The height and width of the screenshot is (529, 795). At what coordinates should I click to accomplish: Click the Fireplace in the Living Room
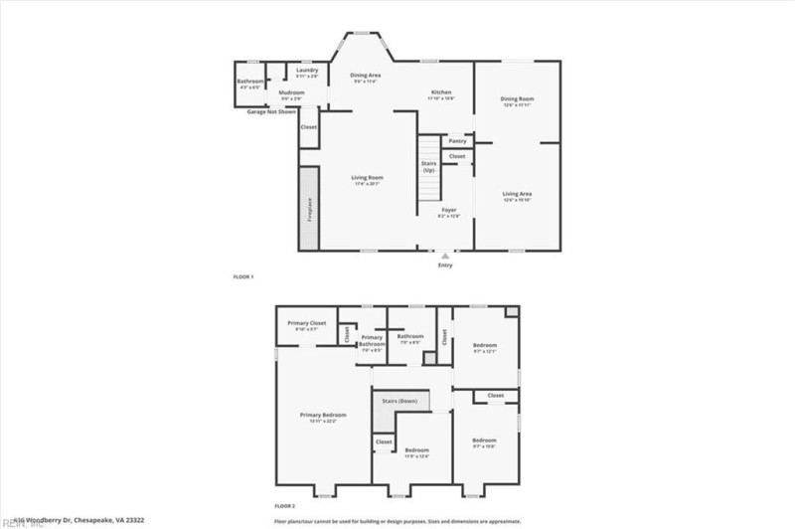tap(309, 208)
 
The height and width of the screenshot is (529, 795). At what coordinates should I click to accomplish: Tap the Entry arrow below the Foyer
tap(444, 256)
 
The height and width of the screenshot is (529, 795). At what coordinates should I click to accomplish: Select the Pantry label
tap(457, 141)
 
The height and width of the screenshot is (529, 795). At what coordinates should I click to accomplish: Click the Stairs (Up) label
tap(429, 166)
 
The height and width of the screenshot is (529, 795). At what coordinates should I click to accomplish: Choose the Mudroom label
tap(291, 96)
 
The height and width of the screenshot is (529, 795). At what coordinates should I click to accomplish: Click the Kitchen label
tap(440, 92)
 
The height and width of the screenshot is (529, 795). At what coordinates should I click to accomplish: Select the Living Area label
tap(517, 194)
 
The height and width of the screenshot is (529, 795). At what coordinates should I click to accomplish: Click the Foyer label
tap(449, 211)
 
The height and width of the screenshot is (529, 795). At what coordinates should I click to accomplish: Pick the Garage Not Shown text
tap(271, 111)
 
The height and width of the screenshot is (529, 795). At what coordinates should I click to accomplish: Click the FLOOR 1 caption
tap(243, 275)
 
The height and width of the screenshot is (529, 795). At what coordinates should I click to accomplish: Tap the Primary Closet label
tap(307, 323)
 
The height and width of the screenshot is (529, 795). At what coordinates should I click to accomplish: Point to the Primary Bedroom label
tap(324, 415)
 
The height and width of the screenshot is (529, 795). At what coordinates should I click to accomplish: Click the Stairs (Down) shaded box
tap(401, 400)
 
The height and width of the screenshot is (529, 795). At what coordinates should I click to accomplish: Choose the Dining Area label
tap(367, 76)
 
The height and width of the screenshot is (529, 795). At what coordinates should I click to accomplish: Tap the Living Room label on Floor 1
tap(367, 178)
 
